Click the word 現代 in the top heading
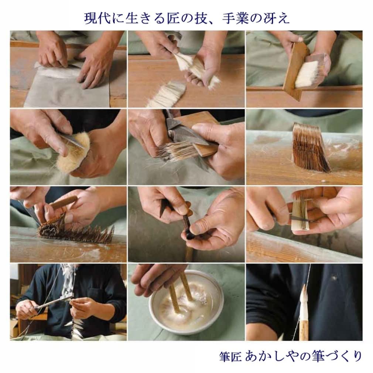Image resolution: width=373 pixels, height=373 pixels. (96, 18)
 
